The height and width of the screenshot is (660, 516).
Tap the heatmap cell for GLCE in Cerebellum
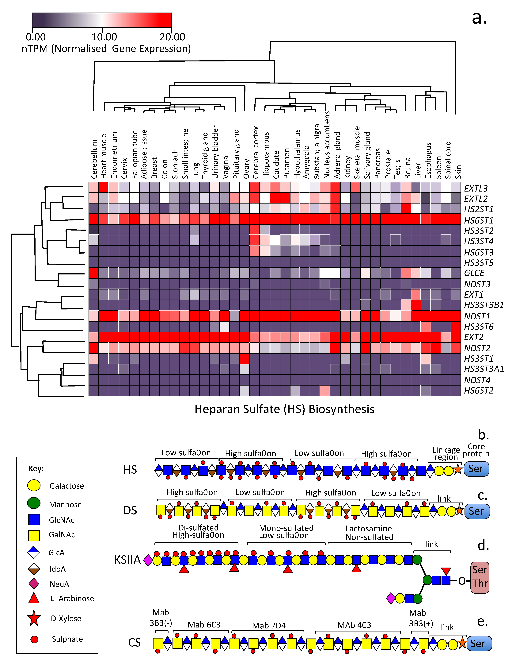(94, 273)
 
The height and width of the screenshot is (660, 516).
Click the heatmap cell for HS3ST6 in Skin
(456, 327)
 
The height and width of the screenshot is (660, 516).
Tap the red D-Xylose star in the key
(34, 618)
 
